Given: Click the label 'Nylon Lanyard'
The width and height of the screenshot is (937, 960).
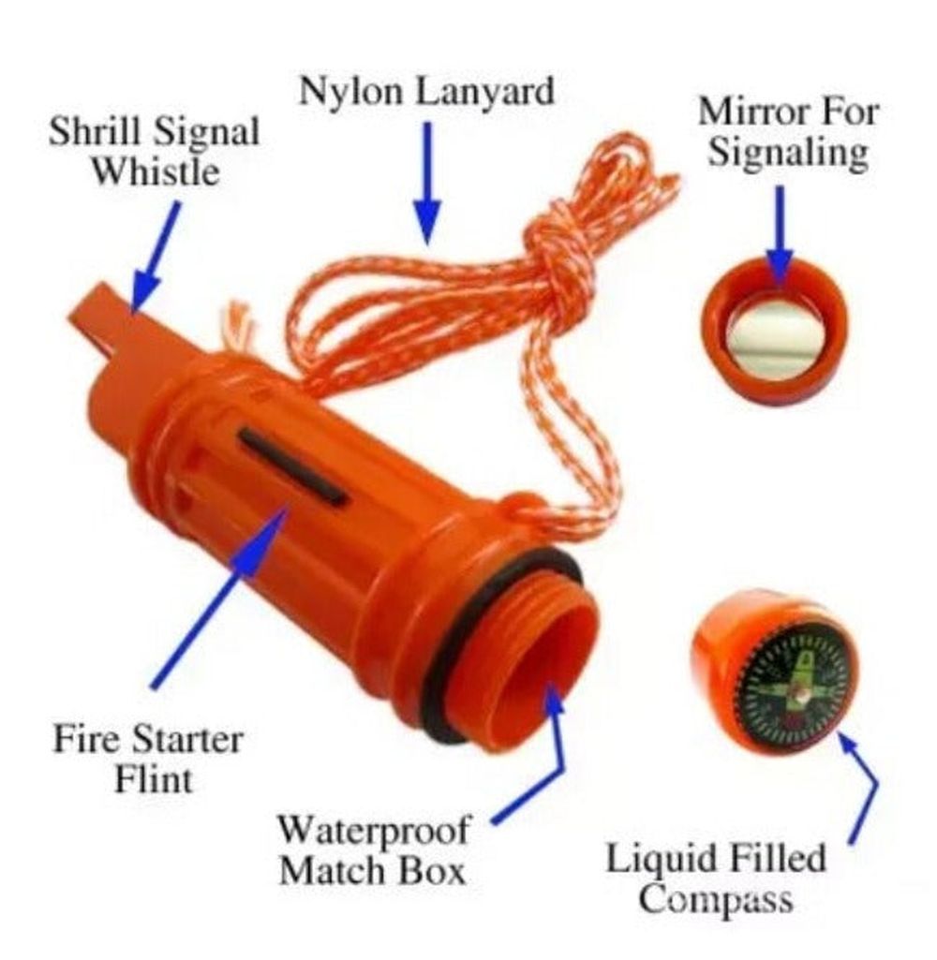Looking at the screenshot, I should point(426,91).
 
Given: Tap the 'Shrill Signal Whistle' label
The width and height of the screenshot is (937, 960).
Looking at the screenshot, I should point(155,151).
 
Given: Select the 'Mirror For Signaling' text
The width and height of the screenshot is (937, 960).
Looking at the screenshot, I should point(787,131).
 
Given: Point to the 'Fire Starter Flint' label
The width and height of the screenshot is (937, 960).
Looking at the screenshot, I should point(148,758).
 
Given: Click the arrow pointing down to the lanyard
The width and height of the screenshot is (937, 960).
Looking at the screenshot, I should point(426,183).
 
